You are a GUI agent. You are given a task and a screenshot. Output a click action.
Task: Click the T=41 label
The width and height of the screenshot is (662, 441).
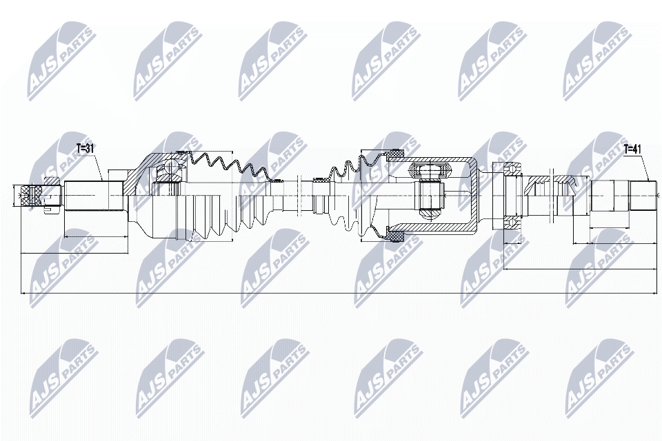tap(632, 149)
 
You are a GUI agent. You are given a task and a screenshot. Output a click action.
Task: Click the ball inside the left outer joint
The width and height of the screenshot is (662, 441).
tap(172, 165)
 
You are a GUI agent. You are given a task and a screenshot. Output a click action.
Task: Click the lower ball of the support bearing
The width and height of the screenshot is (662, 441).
tap(512, 222)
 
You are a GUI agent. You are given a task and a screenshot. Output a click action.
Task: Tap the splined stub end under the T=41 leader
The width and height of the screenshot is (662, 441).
tap(643, 196)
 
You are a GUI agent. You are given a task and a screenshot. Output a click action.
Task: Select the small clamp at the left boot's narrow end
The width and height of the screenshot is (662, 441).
tap(277, 180)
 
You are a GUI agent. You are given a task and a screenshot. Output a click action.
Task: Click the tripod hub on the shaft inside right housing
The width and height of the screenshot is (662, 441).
tap(430, 196)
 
